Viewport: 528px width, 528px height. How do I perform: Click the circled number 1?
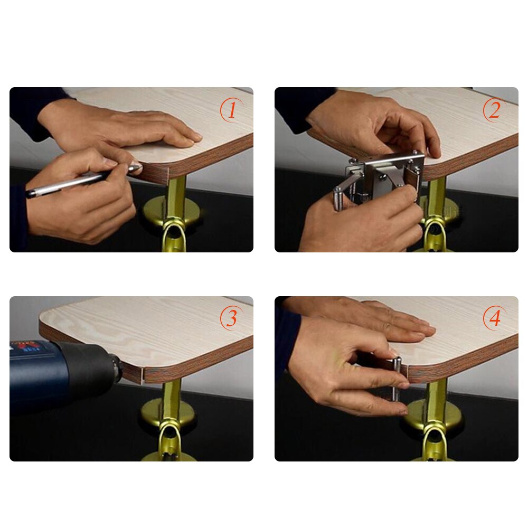pos(231,111)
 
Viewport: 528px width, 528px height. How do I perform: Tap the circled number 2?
pos(494,110)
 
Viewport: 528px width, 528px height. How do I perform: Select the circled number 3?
pos(231,319)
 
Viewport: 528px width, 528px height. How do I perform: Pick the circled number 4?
pos(494,319)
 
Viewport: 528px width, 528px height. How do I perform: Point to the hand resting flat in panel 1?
pos(132,127)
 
